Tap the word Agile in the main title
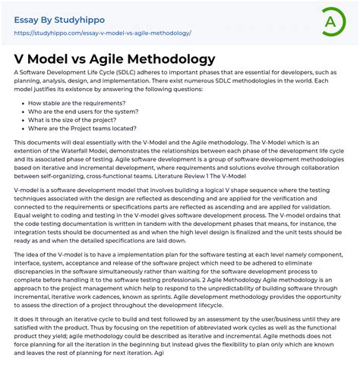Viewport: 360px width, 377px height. click(x=108, y=58)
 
